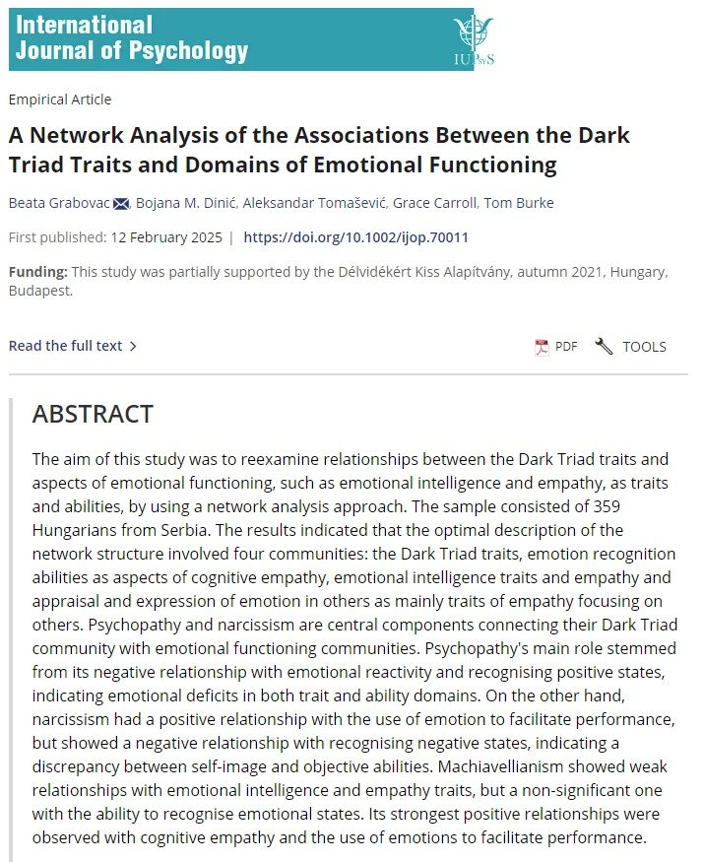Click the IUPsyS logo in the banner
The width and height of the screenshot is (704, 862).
pos(473,39)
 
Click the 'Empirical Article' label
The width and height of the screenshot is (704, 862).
pos(59,99)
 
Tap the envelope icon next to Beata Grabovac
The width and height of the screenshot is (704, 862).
pos(121,204)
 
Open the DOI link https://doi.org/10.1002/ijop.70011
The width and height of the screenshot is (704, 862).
pos(355,237)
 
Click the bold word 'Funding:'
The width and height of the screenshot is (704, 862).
pos(38,272)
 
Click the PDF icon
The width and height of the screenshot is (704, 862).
pos(542,347)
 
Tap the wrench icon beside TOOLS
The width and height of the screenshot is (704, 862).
pos(604,347)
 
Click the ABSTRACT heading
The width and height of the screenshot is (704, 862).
pos(93,415)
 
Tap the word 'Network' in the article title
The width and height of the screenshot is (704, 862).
pos(78,135)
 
